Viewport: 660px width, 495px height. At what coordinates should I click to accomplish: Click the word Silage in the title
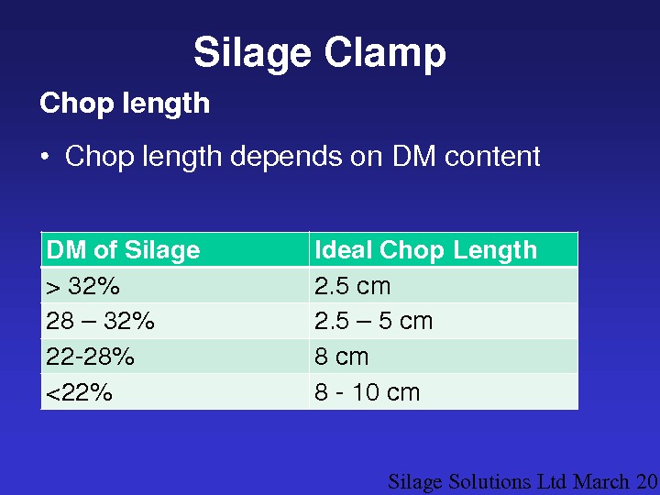(x=253, y=54)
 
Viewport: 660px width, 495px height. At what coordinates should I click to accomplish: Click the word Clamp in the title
(x=385, y=52)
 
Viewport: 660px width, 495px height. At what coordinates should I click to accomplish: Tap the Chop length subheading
(x=125, y=104)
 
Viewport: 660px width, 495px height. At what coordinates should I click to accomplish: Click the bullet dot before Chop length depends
(x=45, y=157)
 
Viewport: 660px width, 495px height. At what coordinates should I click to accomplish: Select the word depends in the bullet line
(x=286, y=156)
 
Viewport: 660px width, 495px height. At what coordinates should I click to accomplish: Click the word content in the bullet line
(x=492, y=157)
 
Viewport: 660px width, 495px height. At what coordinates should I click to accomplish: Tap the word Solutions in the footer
(x=489, y=481)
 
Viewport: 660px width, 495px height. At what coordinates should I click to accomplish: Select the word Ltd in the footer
(x=552, y=481)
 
